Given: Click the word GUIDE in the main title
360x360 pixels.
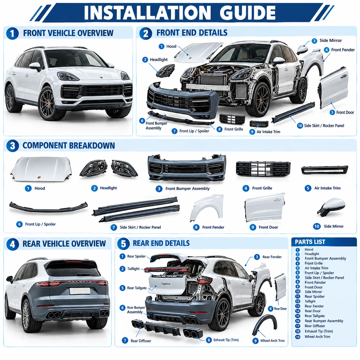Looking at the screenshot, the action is tap(247, 13).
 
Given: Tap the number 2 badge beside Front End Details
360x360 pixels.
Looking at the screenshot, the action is tap(146, 34).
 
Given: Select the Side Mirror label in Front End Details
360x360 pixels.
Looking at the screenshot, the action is tap(330, 40).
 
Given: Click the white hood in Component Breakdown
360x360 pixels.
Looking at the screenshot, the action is tap(41, 169).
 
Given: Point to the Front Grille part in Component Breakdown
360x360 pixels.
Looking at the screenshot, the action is tap(263, 169).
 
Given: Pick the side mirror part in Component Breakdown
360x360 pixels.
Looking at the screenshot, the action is tap(332, 207).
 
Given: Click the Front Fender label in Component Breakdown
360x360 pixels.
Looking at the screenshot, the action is tap(213, 227).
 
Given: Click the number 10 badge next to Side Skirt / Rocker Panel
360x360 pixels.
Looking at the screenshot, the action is tap(300, 125).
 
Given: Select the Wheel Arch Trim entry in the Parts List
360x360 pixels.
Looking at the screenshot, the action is tap(318, 337).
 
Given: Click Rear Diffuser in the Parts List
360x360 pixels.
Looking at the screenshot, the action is tap(315, 326).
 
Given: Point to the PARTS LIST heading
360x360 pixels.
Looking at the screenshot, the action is tap(310, 242).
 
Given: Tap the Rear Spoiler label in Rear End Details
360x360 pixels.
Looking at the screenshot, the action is tap(136, 256).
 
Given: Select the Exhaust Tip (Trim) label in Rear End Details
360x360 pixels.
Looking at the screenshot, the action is tap(226, 340).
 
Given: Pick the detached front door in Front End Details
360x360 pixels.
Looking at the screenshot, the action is tap(334, 88).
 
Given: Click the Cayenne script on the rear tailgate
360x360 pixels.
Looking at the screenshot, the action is tap(166, 284).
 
